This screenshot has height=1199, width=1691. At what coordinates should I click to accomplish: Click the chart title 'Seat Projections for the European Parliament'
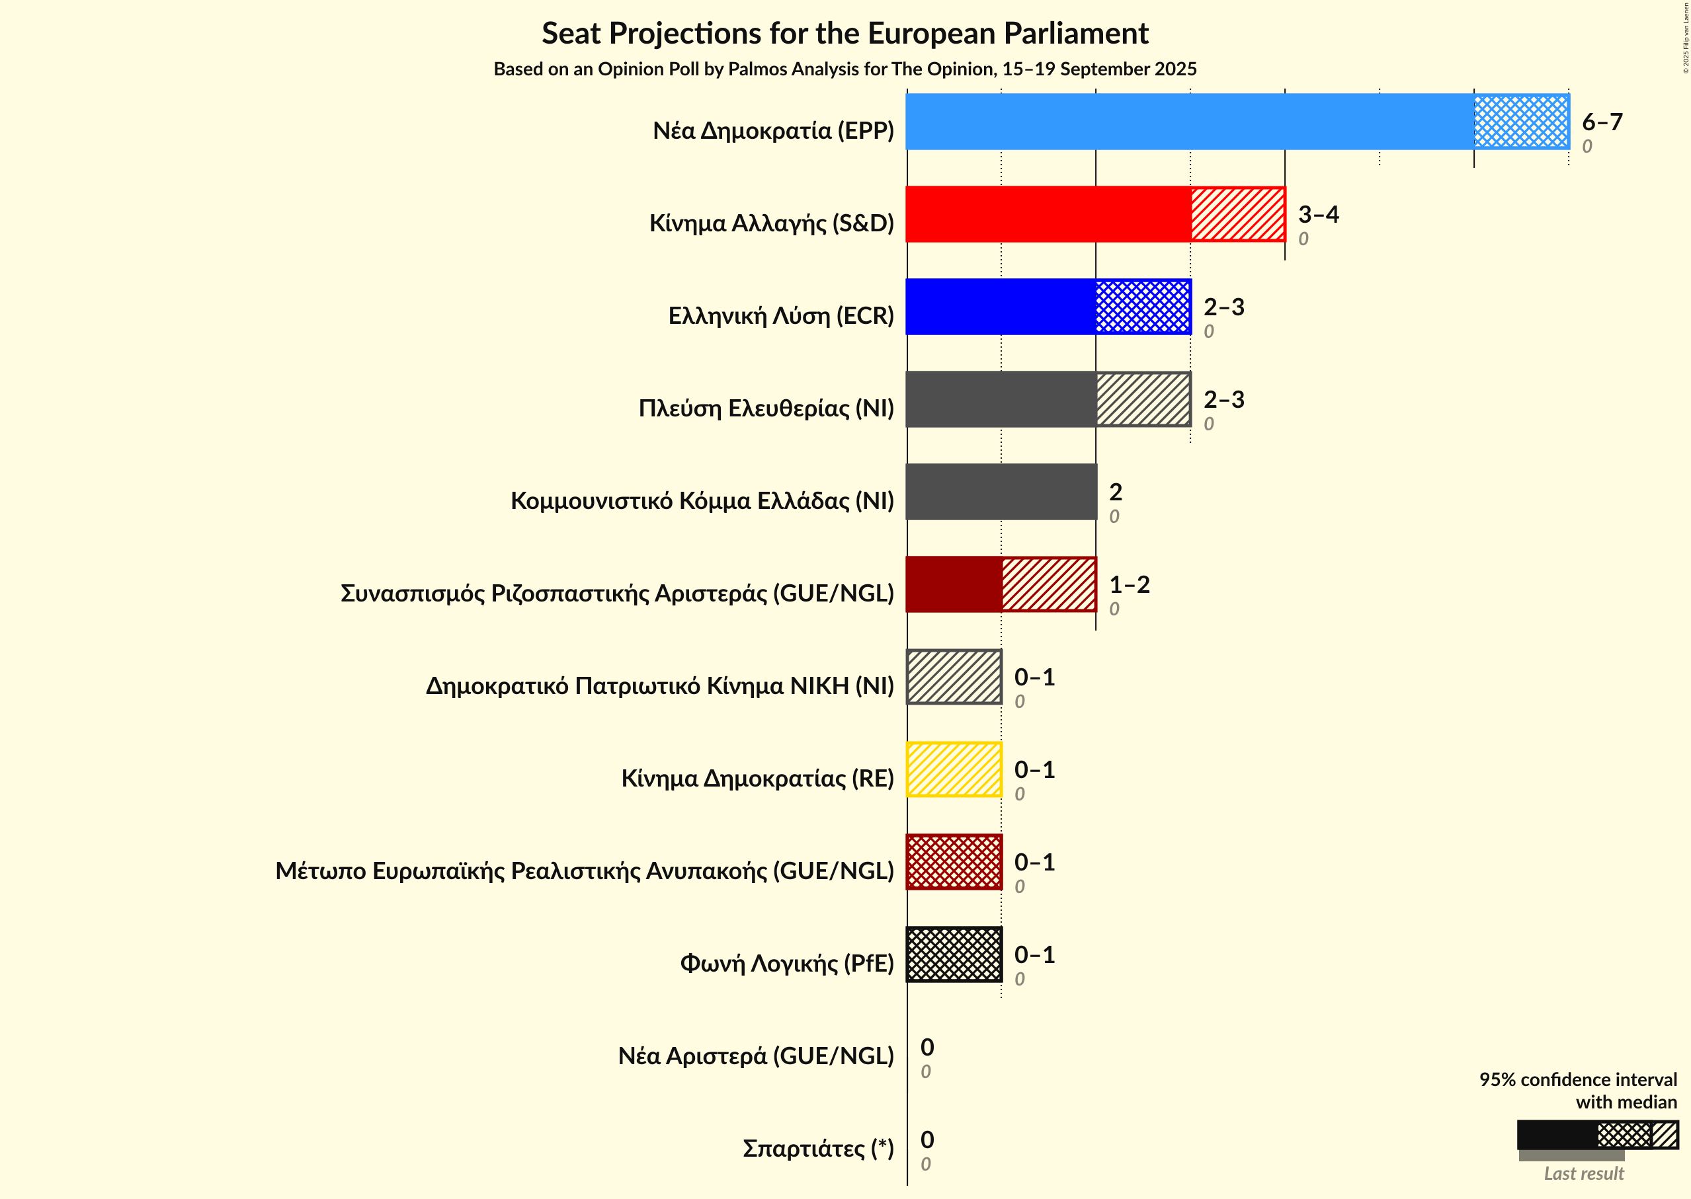click(845, 33)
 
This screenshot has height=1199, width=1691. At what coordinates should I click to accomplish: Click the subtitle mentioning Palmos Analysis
click(845, 69)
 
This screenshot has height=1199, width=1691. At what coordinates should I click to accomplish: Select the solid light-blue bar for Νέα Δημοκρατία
click(1190, 122)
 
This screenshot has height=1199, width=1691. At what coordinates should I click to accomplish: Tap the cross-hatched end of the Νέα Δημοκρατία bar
click(1521, 122)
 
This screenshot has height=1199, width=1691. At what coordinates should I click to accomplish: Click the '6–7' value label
click(1602, 122)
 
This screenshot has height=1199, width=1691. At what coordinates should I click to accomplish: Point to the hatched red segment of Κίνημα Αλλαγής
click(1237, 214)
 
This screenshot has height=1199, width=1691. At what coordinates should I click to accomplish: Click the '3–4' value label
click(1318, 214)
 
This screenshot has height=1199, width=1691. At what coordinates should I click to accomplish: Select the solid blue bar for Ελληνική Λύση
click(1001, 307)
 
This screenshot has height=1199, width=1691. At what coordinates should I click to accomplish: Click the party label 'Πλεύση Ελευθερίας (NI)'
click(766, 408)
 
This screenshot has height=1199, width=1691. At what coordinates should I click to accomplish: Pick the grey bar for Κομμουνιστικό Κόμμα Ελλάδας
click(1001, 492)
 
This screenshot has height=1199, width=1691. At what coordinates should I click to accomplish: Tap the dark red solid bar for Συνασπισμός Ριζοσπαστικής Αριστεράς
click(954, 584)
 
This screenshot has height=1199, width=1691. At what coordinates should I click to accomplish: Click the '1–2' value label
click(1129, 585)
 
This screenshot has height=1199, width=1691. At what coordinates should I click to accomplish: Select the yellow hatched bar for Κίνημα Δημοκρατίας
click(954, 769)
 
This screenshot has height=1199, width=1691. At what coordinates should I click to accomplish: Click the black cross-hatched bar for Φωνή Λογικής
click(954, 954)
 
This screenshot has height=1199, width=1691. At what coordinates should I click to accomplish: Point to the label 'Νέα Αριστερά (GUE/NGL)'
click(756, 1056)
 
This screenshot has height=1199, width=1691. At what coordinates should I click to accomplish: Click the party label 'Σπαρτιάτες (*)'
click(818, 1148)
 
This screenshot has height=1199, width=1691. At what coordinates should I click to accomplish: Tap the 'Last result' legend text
click(1583, 1173)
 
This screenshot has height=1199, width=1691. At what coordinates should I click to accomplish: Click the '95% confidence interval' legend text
click(1577, 1079)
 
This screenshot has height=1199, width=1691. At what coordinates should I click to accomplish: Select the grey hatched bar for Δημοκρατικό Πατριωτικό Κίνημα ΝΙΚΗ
click(954, 677)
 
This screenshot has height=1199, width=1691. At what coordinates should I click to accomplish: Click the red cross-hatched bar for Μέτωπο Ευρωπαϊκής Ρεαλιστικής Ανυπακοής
click(954, 862)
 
